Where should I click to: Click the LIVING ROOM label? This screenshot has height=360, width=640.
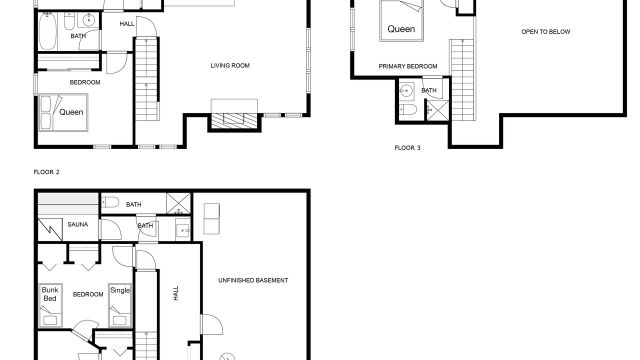point(230,65)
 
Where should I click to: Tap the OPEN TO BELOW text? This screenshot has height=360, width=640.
point(545,32)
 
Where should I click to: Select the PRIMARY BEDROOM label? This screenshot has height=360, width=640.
point(407,66)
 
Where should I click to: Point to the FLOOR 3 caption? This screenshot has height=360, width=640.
point(407,148)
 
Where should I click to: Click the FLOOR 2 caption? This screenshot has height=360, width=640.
point(46,172)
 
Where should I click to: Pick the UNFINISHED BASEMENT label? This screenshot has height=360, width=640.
point(253,280)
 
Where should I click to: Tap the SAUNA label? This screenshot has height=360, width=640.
point(77,224)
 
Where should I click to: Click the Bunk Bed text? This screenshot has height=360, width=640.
point(50,294)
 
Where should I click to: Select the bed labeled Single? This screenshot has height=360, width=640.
point(120,305)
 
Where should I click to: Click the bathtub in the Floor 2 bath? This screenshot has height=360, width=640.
point(47,31)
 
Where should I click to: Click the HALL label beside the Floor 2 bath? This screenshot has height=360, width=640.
point(127,24)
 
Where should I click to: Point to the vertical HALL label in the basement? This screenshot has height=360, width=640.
point(175,293)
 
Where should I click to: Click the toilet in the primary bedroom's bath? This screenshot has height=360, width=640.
point(408,109)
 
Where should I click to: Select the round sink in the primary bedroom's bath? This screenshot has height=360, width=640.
point(406,91)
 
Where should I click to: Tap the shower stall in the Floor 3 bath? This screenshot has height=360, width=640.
point(438,110)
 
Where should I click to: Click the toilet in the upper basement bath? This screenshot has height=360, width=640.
point(110,202)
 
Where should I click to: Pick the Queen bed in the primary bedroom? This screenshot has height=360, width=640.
point(401,20)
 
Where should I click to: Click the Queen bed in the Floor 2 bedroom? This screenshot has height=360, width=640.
point(63,112)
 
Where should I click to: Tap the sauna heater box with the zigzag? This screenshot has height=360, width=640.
point(50,229)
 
